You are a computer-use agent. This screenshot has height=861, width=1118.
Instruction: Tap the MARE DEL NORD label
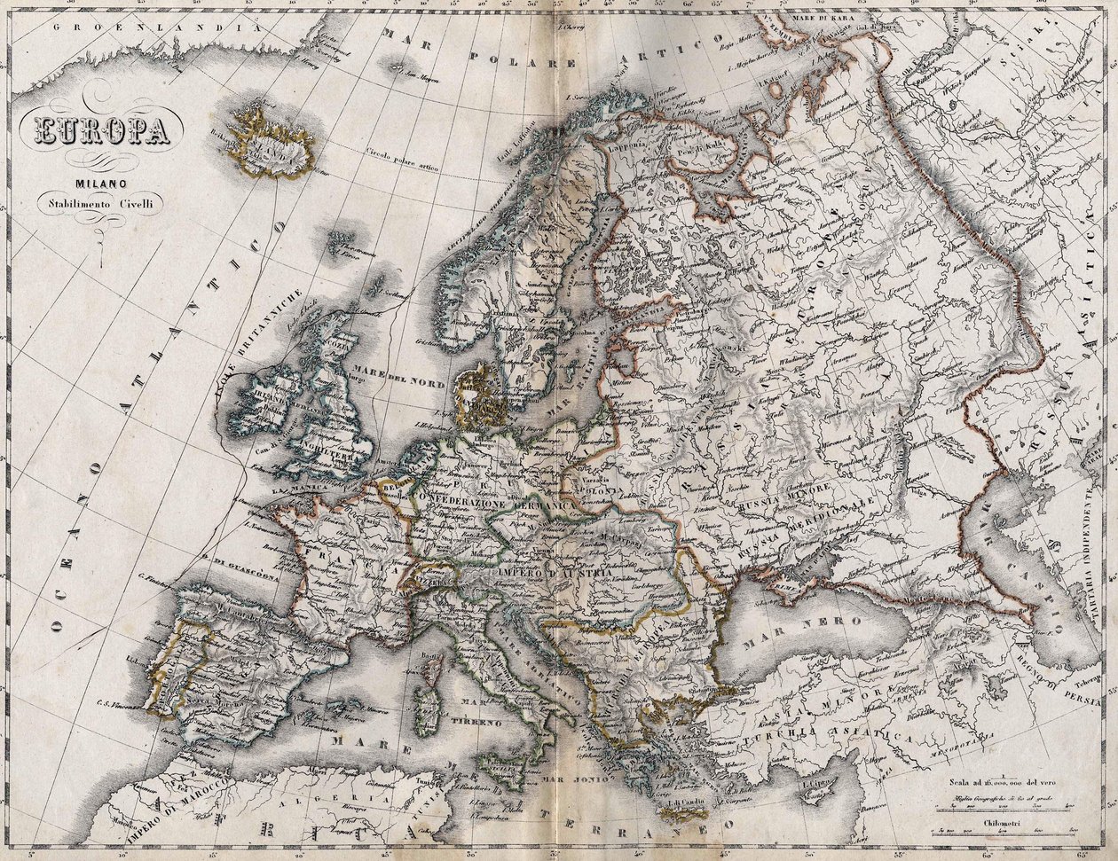coord(398,376)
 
